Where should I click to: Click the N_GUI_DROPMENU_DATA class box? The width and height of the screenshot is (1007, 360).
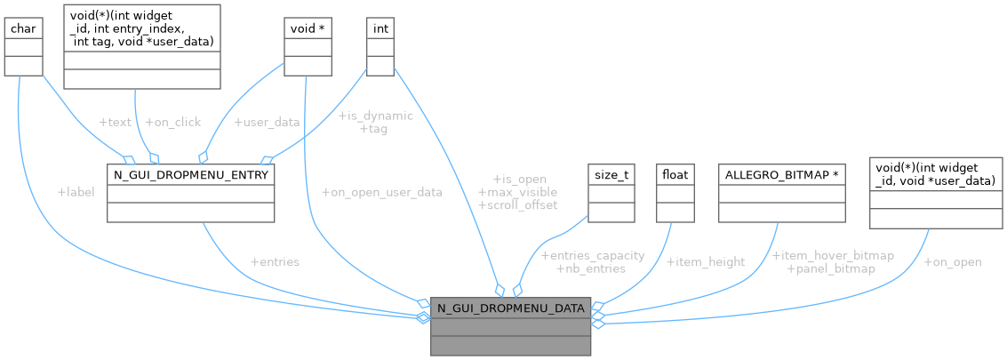click(x=510, y=327)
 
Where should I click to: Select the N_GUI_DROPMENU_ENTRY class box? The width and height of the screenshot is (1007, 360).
click(x=190, y=193)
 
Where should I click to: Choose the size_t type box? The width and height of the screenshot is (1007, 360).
click(x=611, y=193)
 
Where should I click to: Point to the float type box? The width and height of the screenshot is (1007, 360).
click(x=673, y=193)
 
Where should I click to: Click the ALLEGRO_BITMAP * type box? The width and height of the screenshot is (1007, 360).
click(x=781, y=193)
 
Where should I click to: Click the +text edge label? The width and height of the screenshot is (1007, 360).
click(x=116, y=122)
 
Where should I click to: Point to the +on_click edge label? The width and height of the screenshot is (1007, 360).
click(x=173, y=122)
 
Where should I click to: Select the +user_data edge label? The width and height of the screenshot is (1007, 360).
click(x=267, y=122)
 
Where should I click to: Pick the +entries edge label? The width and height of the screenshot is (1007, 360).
click(x=275, y=262)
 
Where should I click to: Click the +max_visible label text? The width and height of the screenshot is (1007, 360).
click(x=517, y=192)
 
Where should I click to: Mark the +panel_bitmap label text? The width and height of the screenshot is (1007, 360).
click(x=831, y=268)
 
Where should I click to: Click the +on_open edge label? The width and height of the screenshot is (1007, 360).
click(x=953, y=262)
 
